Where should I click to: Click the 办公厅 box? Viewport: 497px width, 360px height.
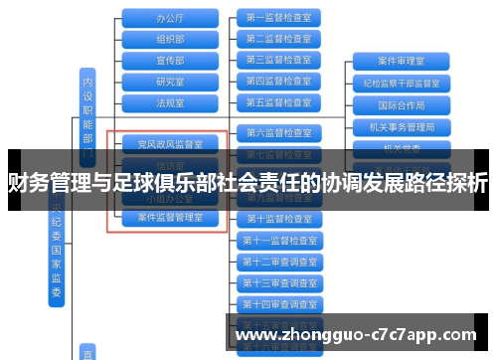pos(170,18)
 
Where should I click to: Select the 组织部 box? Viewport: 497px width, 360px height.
pos(170,39)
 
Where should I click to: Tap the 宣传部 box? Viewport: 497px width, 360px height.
pos(170,60)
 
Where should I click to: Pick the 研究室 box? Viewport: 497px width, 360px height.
pos(170,81)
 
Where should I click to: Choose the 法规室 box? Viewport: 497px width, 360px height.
pos(170,101)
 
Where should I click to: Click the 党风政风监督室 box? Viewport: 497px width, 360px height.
pos(170,144)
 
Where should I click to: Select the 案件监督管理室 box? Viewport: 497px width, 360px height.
pos(170,217)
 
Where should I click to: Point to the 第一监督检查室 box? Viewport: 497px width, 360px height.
pos(278,18)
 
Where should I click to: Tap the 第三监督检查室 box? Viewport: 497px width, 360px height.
pos(278,60)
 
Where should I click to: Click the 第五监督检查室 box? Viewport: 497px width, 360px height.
pos(278,101)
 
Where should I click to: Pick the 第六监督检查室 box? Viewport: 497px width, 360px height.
pos(278,132)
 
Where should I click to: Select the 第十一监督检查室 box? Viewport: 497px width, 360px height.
pos(278,240)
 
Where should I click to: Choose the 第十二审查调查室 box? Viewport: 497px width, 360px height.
pos(278,262)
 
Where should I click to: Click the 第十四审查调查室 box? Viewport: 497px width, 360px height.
pos(278,304)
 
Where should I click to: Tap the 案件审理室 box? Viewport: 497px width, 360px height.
pos(402,62)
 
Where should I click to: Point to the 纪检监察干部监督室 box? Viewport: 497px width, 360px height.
pos(402,83)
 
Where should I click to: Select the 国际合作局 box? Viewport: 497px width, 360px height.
pos(402,104)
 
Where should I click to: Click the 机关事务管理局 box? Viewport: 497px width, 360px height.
pos(402,126)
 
